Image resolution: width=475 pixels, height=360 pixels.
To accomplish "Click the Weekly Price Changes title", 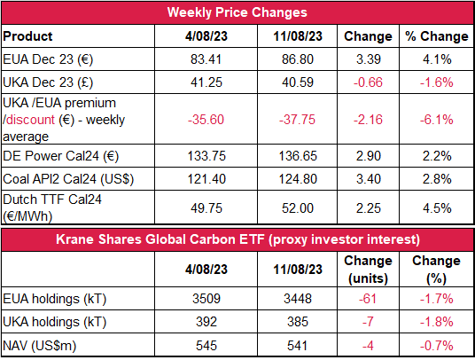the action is [x=237, y=12].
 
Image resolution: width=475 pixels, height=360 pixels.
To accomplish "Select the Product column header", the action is [x=27, y=36].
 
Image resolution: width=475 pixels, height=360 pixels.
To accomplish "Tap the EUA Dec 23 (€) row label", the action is [x=48, y=59].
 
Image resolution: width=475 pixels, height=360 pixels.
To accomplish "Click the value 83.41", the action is [x=206, y=59].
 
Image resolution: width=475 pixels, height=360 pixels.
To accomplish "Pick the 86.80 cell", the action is [x=298, y=59].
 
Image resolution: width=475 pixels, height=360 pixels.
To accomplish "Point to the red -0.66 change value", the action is [x=368, y=82].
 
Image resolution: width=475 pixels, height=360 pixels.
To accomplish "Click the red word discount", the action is [x=29, y=120].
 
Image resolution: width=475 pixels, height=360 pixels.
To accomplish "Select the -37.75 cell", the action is [x=297, y=120].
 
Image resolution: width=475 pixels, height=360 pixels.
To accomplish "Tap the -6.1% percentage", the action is [x=437, y=120].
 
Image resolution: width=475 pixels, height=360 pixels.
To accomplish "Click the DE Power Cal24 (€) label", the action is [x=60, y=156].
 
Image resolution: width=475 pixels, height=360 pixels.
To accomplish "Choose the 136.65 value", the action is [x=298, y=156].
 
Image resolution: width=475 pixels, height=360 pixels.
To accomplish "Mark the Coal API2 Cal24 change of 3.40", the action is [x=369, y=179].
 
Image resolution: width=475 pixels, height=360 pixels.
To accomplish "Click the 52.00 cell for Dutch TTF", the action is [x=298, y=208].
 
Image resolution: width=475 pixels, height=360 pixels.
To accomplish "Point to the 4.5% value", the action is [x=437, y=208].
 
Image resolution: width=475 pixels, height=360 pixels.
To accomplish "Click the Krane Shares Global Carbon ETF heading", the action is [x=237, y=239].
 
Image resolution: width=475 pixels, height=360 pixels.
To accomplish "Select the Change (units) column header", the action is [x=368, y=270].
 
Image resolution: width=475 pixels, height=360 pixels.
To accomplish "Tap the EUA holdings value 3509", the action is [x=206, y=299].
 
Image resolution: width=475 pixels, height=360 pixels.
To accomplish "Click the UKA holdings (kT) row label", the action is [x=55, y=322].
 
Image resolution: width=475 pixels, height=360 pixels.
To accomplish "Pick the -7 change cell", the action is [x=368, y=322].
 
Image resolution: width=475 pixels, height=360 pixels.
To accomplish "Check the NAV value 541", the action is [x=298, y=346].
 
